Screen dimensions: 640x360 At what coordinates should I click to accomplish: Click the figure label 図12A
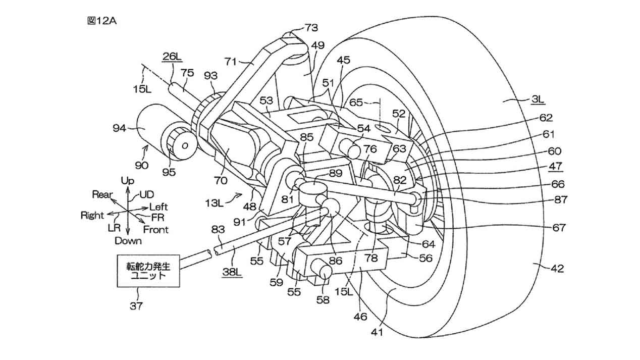(102, 21)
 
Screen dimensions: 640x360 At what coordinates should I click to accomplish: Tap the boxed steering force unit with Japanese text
(148, 271)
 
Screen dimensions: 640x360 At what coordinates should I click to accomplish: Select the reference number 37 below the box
(136, 306)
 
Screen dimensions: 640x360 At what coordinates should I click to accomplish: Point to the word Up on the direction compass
(127, 181)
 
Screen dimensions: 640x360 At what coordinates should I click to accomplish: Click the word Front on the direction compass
(156, 229)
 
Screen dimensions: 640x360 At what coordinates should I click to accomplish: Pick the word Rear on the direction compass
(102, 194)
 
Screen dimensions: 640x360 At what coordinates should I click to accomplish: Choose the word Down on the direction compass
(128, 241)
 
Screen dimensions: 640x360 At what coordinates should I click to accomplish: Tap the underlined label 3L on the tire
(538, 99)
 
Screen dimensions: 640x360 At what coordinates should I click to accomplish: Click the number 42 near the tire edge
(557, 269)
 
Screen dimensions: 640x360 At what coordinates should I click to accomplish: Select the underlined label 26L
(172, 56)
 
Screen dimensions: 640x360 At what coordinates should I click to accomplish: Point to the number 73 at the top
(311, 28)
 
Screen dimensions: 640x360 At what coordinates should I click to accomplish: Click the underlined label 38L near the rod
(232, 272)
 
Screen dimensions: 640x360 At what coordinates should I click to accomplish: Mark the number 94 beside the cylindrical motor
(119, 128)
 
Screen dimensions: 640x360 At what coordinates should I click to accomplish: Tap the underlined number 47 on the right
(555, 166)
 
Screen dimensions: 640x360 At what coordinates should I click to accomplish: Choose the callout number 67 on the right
(559, 228)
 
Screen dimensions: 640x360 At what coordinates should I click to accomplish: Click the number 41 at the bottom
(377, 332)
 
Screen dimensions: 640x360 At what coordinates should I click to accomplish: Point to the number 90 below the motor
(142, 165)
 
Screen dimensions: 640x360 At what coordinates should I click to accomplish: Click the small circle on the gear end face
(185, 146)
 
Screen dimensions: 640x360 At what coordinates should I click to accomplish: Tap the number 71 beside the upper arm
(231, 62)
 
